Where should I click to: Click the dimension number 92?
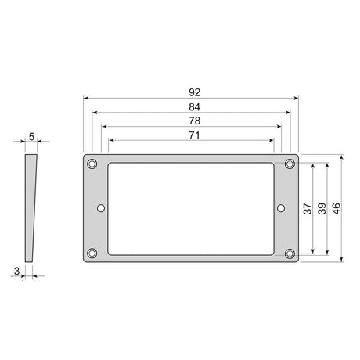coord(191,92)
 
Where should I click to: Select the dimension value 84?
coord(191,106)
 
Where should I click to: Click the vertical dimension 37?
coord(308,208)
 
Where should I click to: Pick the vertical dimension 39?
coord(322,208)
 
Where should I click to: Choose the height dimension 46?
coord(337,208)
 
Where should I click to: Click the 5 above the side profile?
coord(31,136)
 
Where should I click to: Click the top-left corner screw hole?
coord(92,164)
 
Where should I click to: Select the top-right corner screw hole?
coord(290,164)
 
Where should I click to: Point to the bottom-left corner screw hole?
coord(92,253)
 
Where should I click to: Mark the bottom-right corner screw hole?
coord(290,253)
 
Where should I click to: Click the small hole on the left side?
coord(101,208)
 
